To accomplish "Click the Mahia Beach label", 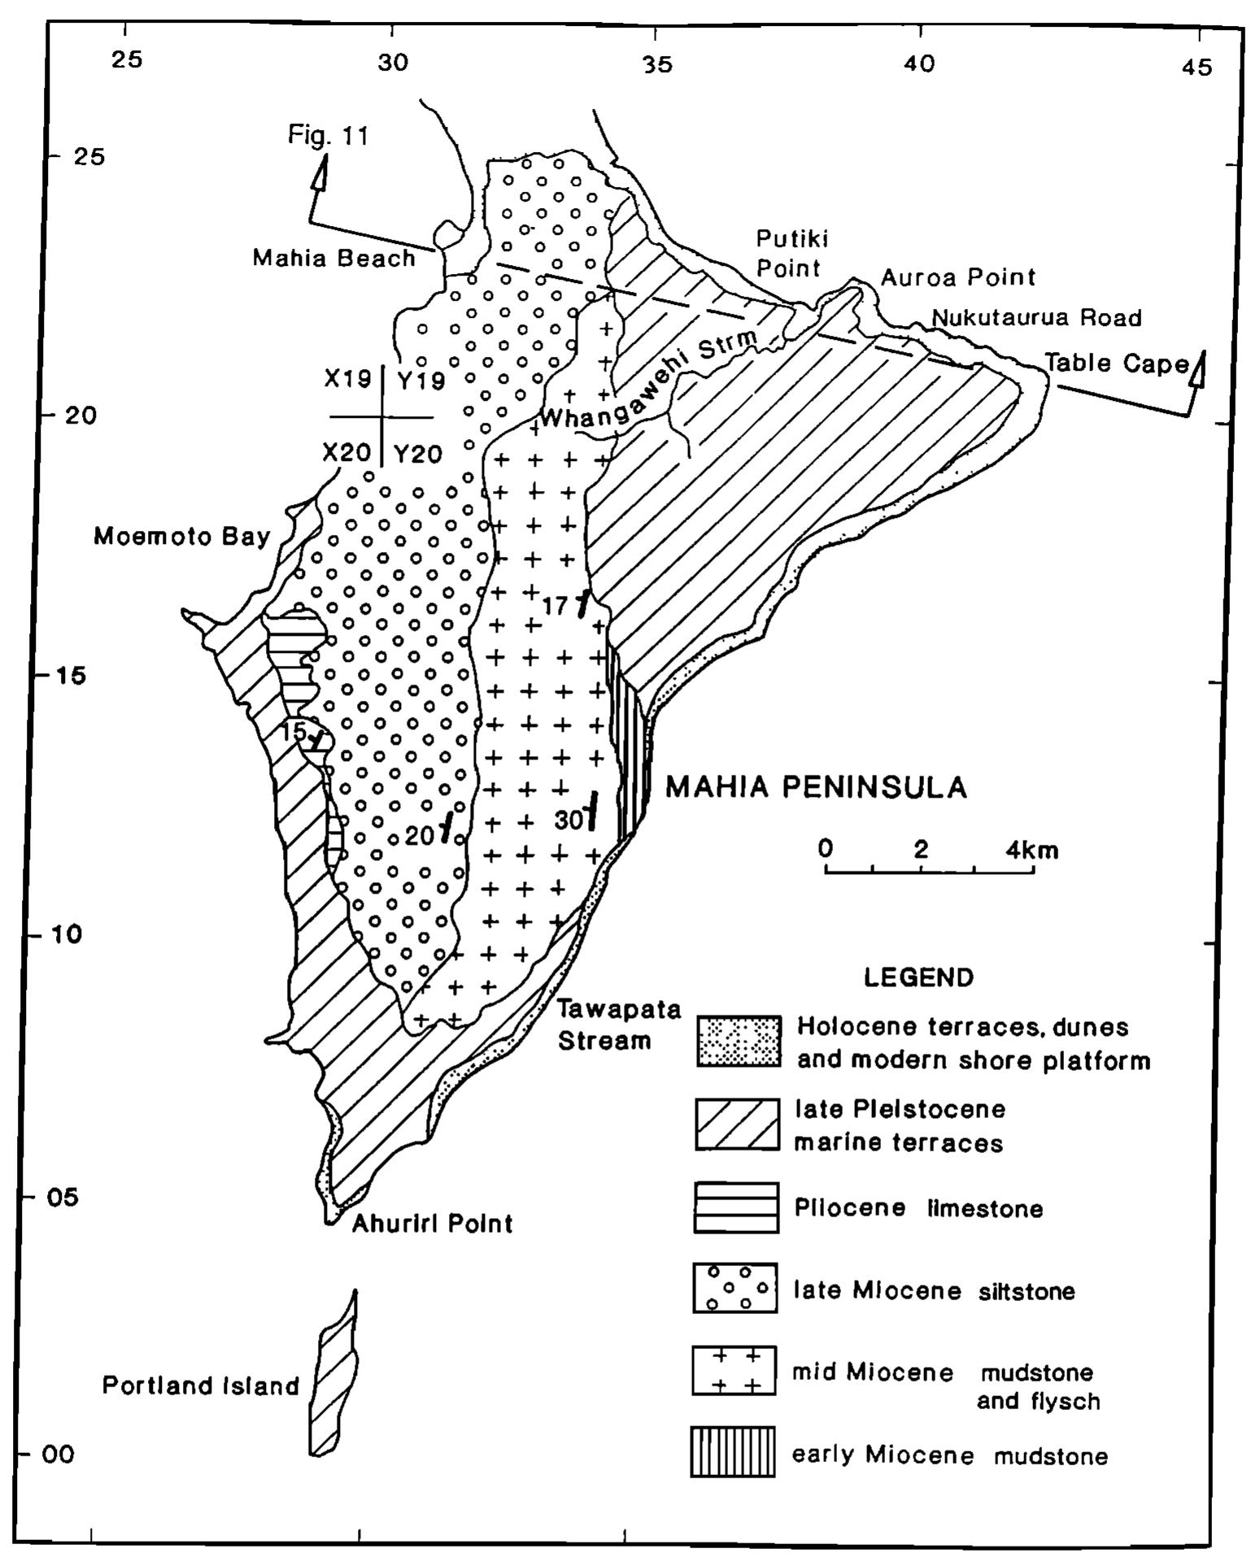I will (x=333, y=259).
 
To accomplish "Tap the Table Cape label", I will (x=1116, y=363).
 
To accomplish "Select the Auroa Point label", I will (x=958, y=277).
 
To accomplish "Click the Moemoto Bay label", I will (x=181, y=537).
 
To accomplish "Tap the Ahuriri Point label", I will (x=432, y=1223).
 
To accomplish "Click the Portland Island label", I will (x=201, y=1385).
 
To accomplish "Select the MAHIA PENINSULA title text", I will (x=817, y=787).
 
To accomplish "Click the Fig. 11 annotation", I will (x=328, y=135).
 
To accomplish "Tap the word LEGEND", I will (x=918, y=977).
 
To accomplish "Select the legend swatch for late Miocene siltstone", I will (x=735, y=1288).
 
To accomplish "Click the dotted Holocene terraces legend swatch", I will (x=739, y=1042).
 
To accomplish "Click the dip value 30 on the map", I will (x=568, y=820).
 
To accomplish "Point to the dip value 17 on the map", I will (x=556, y=606).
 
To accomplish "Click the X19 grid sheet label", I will (x=347, y=379).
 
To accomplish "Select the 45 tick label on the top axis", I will (x=1197, y=67).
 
